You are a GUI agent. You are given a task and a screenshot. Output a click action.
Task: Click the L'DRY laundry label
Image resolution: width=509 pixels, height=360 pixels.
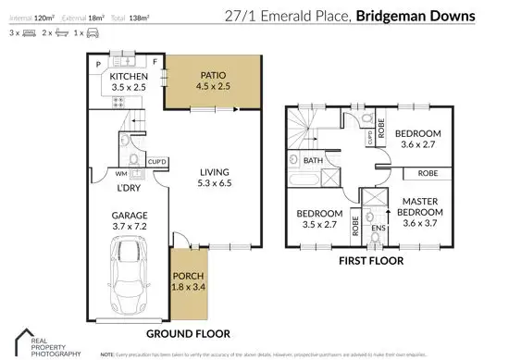click(x=128, y=189)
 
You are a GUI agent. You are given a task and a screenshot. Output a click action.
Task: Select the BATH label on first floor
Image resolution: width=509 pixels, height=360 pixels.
click(x=314, y=160)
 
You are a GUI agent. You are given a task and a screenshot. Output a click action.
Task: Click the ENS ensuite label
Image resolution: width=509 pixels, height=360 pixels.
click(x=378, y=227)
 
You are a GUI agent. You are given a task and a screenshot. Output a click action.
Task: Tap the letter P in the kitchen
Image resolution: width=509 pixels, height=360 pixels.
click(x=98, y=63)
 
